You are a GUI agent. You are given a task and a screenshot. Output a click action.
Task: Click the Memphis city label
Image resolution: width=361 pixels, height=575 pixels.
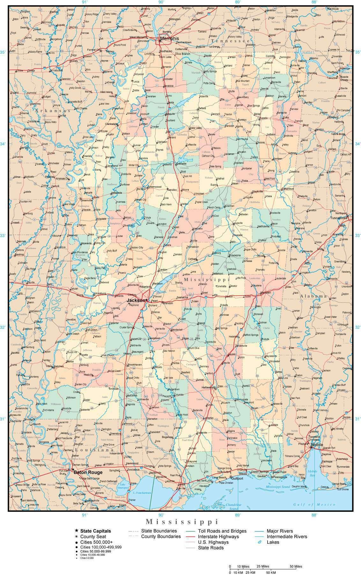pyautogui.click(x=168, y=39)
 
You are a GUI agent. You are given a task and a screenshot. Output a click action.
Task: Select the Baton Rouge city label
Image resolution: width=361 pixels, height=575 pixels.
pyautogui.click(x=88, y=472)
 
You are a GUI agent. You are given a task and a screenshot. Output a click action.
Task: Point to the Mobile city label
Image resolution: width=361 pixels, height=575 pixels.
pyautogui.click(x=317, y=445)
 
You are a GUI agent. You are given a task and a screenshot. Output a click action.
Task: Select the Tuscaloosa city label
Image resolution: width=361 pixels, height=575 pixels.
pyautogui.click(x=338, y=218)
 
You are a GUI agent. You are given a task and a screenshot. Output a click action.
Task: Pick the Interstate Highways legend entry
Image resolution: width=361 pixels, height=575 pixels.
pyautogui.click(x=218, y=536)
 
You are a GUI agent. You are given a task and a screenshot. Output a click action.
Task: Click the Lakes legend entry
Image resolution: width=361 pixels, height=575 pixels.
pyautogui.click(x=273, y=542)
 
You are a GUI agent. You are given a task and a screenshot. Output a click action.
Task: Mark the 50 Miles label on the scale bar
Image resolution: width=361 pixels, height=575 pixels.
pyautogui.click(x=296, y=566)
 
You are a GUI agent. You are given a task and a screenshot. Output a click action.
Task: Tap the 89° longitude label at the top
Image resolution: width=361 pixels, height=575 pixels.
pyautogui.click(x=238, y=2)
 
